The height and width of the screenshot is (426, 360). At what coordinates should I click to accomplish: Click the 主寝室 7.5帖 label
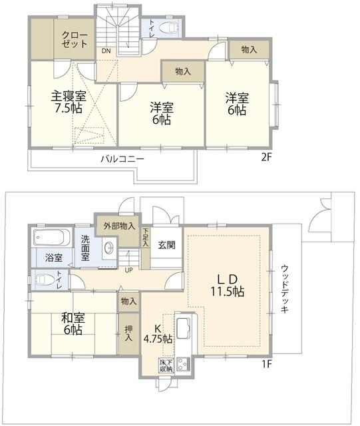click(69, 102)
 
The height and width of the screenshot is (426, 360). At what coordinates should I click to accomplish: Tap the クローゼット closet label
click(74, 40)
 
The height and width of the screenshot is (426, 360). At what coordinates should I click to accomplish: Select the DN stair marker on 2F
click(106, 51)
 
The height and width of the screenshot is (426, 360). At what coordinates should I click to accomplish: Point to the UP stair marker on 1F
click(128, 270)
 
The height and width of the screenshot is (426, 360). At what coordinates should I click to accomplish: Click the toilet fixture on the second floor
click(169, 28)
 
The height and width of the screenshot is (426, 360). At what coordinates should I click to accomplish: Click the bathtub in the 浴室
click(52, 237)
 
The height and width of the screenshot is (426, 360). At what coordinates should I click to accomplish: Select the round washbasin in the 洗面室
click(109, 248)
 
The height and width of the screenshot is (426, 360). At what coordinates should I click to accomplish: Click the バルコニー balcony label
click(122, 158)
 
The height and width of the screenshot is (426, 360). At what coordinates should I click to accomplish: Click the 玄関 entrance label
click(166, 245)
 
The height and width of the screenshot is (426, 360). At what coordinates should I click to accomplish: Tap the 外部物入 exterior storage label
click(119, 226)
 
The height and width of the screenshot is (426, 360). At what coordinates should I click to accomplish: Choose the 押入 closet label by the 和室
click(128, 333)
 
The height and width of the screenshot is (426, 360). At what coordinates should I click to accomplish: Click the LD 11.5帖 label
click(228, 285)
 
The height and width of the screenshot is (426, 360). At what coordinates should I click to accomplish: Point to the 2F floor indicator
click(266, 157)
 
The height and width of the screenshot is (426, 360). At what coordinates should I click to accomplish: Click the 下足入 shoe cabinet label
click(146, 237)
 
